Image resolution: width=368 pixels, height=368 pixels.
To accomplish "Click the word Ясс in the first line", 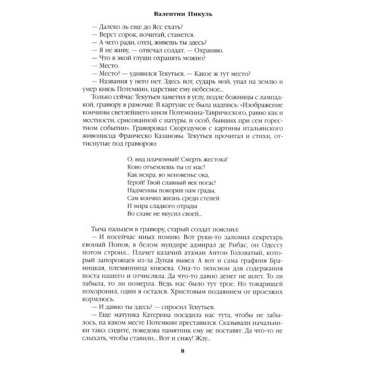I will pos(147,26).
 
